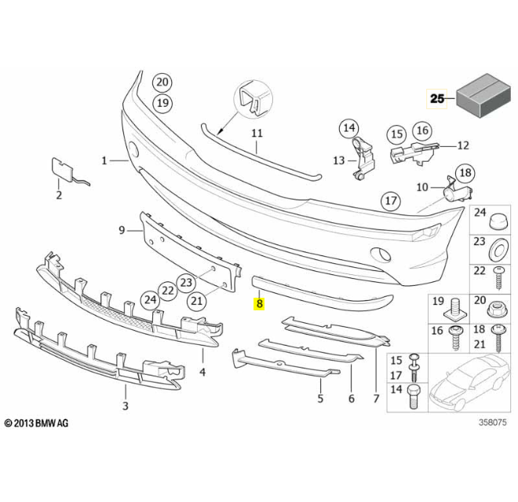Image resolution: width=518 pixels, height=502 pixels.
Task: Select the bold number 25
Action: (x=436, y=98)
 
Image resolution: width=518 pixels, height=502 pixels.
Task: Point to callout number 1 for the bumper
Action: (x=104, y=161)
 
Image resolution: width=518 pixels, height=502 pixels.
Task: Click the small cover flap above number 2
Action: (x=61, y=169)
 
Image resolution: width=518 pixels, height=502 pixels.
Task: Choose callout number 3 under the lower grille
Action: (x=125, y=405)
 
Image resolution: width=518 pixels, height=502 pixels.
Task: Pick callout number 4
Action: (x=202, y=371)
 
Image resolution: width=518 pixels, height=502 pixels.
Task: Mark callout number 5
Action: (x=320, y=398)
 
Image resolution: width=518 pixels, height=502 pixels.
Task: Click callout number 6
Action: (x=351, y=398)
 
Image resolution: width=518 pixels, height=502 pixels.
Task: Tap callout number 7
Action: (x=377, y=398)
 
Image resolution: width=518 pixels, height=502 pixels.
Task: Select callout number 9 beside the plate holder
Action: (x=122, y=230)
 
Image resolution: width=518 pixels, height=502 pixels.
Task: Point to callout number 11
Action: (x=257, y=133)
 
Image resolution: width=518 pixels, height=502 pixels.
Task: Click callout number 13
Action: (x=338, y=160)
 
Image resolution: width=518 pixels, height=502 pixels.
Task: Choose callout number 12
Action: (x=462, y=145)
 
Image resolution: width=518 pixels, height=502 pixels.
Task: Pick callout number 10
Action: (x=421, y=187)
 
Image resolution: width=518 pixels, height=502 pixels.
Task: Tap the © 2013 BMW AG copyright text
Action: (x=37, y=423)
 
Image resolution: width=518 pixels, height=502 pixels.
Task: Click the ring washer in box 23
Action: (x=497, y=251)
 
